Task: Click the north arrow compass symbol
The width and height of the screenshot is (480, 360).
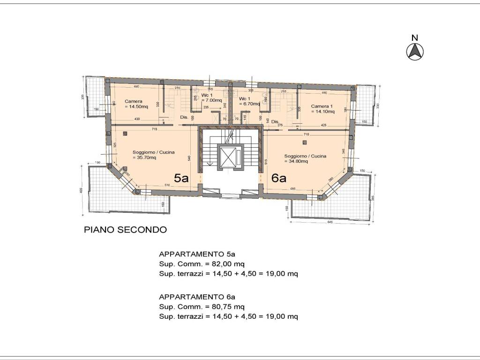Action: tap(415, 51)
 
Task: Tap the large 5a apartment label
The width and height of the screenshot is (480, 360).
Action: tap(181, 178)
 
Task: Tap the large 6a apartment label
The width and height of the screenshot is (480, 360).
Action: tap(279, 178)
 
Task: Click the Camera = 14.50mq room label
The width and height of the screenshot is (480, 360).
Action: tap(136, 104)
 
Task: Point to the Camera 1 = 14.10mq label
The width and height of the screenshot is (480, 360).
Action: tap(323, 109)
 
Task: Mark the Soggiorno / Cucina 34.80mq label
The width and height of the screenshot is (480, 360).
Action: tap(305, 158)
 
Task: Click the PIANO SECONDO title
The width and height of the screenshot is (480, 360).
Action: tap(125, 230)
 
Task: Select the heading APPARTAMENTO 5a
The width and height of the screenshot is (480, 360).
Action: tap(197, 255)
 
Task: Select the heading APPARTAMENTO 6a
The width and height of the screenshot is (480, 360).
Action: tap(197, 297)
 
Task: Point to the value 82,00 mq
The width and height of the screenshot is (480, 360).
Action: tap(227, 264)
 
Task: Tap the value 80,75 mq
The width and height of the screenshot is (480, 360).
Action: tap(227, 307)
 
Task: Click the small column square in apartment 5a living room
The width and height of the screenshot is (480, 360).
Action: tap(125, 134)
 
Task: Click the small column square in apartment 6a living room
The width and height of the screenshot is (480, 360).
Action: tap(305, 142)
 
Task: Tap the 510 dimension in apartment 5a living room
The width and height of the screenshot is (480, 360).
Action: tap(167, 185)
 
